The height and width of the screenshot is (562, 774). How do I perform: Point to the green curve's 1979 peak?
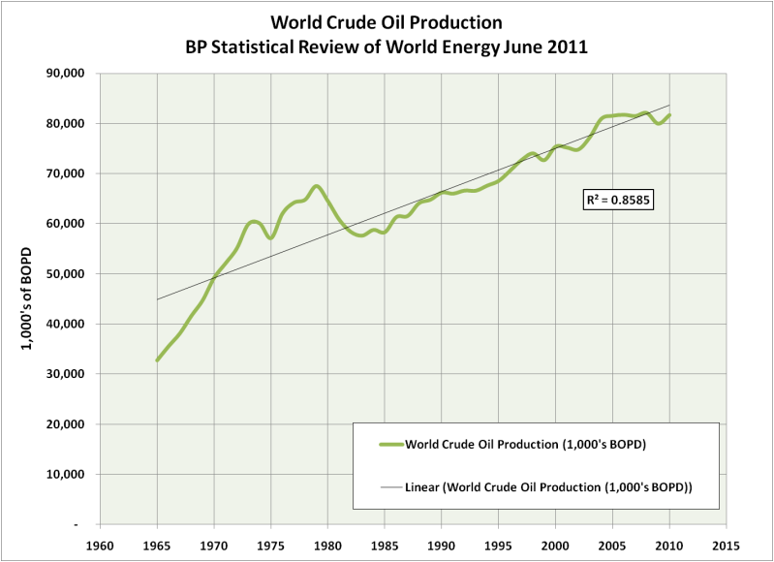point(317,186)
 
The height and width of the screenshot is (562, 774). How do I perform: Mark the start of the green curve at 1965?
point(158,360)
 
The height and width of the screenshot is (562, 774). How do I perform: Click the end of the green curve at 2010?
point(669,115)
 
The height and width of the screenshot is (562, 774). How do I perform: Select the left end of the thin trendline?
point(158,299)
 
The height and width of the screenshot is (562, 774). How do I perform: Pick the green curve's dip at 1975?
point(271,237)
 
